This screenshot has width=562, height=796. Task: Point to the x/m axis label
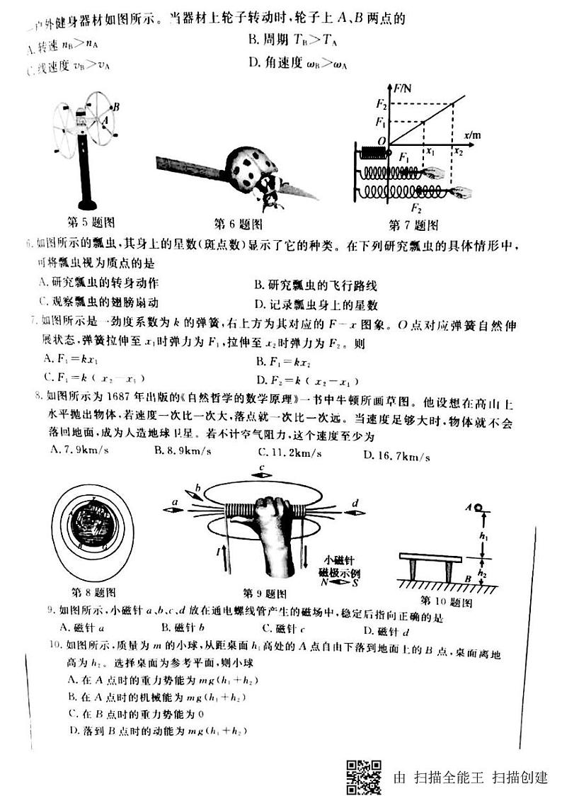473,134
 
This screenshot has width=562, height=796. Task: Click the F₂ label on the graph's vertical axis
380,106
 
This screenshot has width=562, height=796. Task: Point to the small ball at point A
478,508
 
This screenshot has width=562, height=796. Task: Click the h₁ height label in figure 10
484,537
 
